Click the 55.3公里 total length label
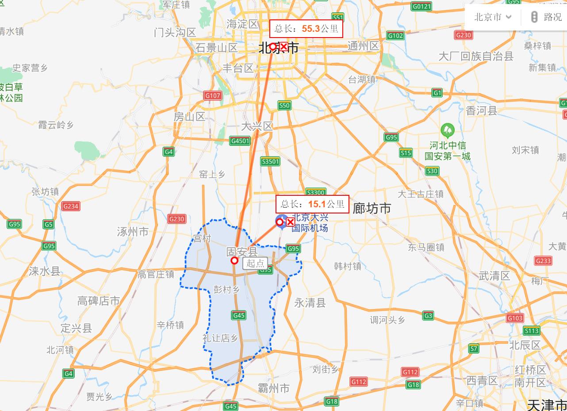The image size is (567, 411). [x=306, y=29]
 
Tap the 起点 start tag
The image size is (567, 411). [x=255, y=263]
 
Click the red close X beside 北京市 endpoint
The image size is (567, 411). [x=283, y=46]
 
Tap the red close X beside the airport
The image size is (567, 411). [x=291, y=222]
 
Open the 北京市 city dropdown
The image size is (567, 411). [x=493, y=17]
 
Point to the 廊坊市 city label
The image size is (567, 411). [x=372, y=208]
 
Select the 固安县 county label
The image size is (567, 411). [x=241, y=252]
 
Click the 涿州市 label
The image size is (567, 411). [x=133, y=232]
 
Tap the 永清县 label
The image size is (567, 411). [x=310, y=303]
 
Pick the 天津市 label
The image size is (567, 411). [x=547, y=404]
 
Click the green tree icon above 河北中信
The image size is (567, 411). [x=448, y=130]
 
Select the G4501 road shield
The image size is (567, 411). [x=240, y=141]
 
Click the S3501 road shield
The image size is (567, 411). [x=270, y=161]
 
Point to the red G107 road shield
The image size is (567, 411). [x=213, y=95]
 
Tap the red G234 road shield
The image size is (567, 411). [x=71, y=206]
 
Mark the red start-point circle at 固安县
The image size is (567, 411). [x=234, y=261]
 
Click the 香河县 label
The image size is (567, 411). [x=482, y=111]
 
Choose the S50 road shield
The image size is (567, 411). [x=284, y=105]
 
